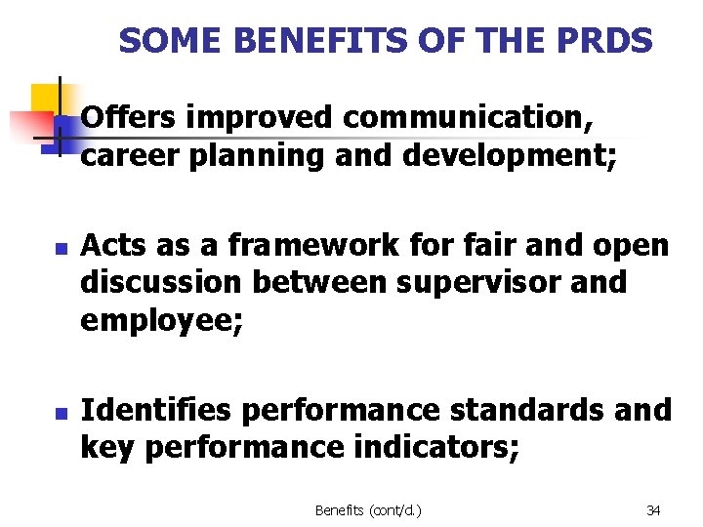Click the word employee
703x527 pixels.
coord(156,320)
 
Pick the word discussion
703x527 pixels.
coord(162,282)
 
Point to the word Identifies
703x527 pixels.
coord(155,410)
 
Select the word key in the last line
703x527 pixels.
coord(104,448)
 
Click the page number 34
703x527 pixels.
coord(653,510)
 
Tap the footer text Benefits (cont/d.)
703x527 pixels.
coord(368,510)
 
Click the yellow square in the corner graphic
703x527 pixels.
coord(45,100)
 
